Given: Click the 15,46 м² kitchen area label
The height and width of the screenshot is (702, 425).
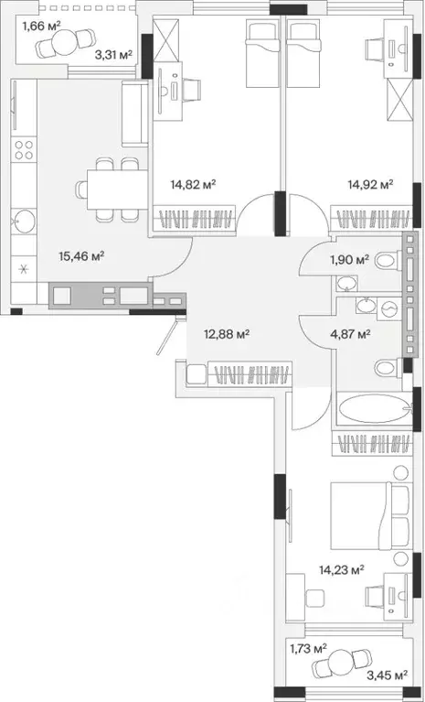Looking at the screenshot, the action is coord(81,255).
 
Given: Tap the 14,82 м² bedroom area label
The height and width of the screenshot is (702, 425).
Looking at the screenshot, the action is coord(193,184).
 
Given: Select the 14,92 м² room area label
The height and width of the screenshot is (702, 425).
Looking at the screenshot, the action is coord(370,184).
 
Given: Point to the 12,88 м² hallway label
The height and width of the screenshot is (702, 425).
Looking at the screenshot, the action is coord(226,333).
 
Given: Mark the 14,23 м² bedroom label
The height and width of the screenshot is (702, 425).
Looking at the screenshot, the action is coord(342,569).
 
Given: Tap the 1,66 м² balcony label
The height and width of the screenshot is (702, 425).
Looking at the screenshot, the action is coord(41,26).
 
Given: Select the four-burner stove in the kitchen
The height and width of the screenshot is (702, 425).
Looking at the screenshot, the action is coord(24,149).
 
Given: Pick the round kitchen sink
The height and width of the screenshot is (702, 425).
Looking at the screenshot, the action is coord(24,221).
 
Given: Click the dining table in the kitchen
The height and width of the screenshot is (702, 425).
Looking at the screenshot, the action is coord(117,189).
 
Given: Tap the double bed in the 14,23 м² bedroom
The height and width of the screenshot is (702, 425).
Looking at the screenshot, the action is coord(369,516).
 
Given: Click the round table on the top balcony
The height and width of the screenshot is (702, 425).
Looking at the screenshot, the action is coord(65,41).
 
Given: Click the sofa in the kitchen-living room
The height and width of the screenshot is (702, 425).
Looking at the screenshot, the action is coord(134,113).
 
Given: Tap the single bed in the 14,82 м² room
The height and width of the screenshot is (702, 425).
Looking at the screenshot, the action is coord(262,55).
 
